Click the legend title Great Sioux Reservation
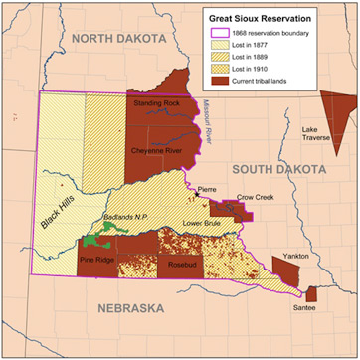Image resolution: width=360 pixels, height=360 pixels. coord(269,17)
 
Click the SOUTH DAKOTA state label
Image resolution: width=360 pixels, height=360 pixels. coord(272,171)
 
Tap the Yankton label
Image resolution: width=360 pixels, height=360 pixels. coord(296,257)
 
